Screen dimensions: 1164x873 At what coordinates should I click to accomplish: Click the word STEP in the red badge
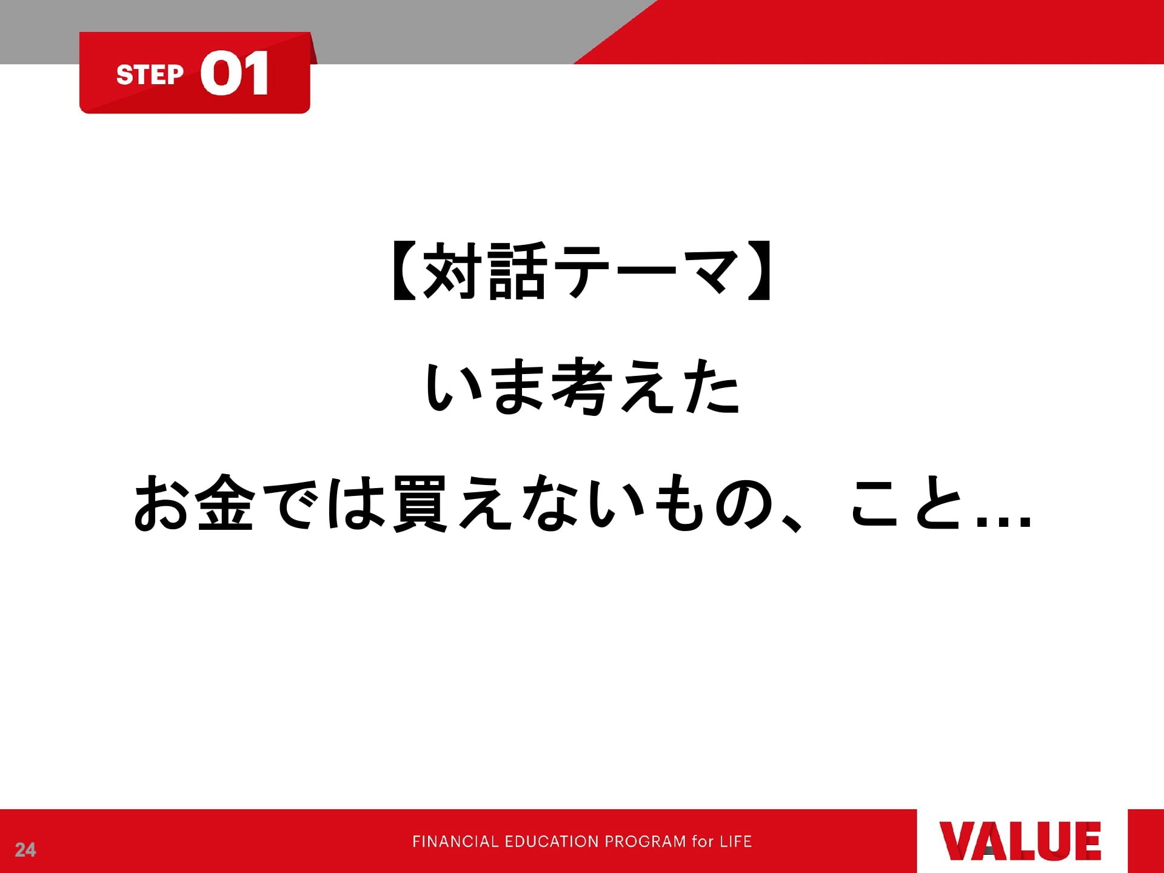[150, 75]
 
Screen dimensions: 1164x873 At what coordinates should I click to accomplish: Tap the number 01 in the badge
[235, 73]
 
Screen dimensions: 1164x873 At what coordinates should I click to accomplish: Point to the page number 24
[25, 850]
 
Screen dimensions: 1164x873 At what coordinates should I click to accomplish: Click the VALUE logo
[1020, 841]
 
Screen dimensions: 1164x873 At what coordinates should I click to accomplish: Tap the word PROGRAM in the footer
[646, 841]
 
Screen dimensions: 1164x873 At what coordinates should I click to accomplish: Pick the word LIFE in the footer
[735, 841]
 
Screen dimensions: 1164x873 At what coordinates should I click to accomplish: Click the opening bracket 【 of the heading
[404, 271]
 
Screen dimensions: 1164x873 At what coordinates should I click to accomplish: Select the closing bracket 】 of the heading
[759, 271]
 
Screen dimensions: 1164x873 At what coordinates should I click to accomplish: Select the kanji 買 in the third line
[421, 503]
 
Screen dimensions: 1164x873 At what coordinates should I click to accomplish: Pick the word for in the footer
[703, 841]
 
